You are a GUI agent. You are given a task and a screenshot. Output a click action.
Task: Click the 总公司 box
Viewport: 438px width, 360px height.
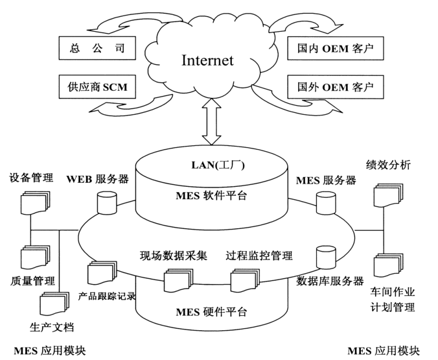pyautogui.click(x=97, y=47)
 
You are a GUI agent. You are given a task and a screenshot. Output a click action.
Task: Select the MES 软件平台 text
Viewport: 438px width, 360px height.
pyautogui.click(x=212, y=196)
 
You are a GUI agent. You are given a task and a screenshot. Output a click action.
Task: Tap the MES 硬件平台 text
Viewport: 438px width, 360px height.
pyautogui.click(x=211, y=312)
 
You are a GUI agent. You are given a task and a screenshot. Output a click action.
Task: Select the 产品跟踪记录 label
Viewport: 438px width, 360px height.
pyautogui.click(x=107, y=296)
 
